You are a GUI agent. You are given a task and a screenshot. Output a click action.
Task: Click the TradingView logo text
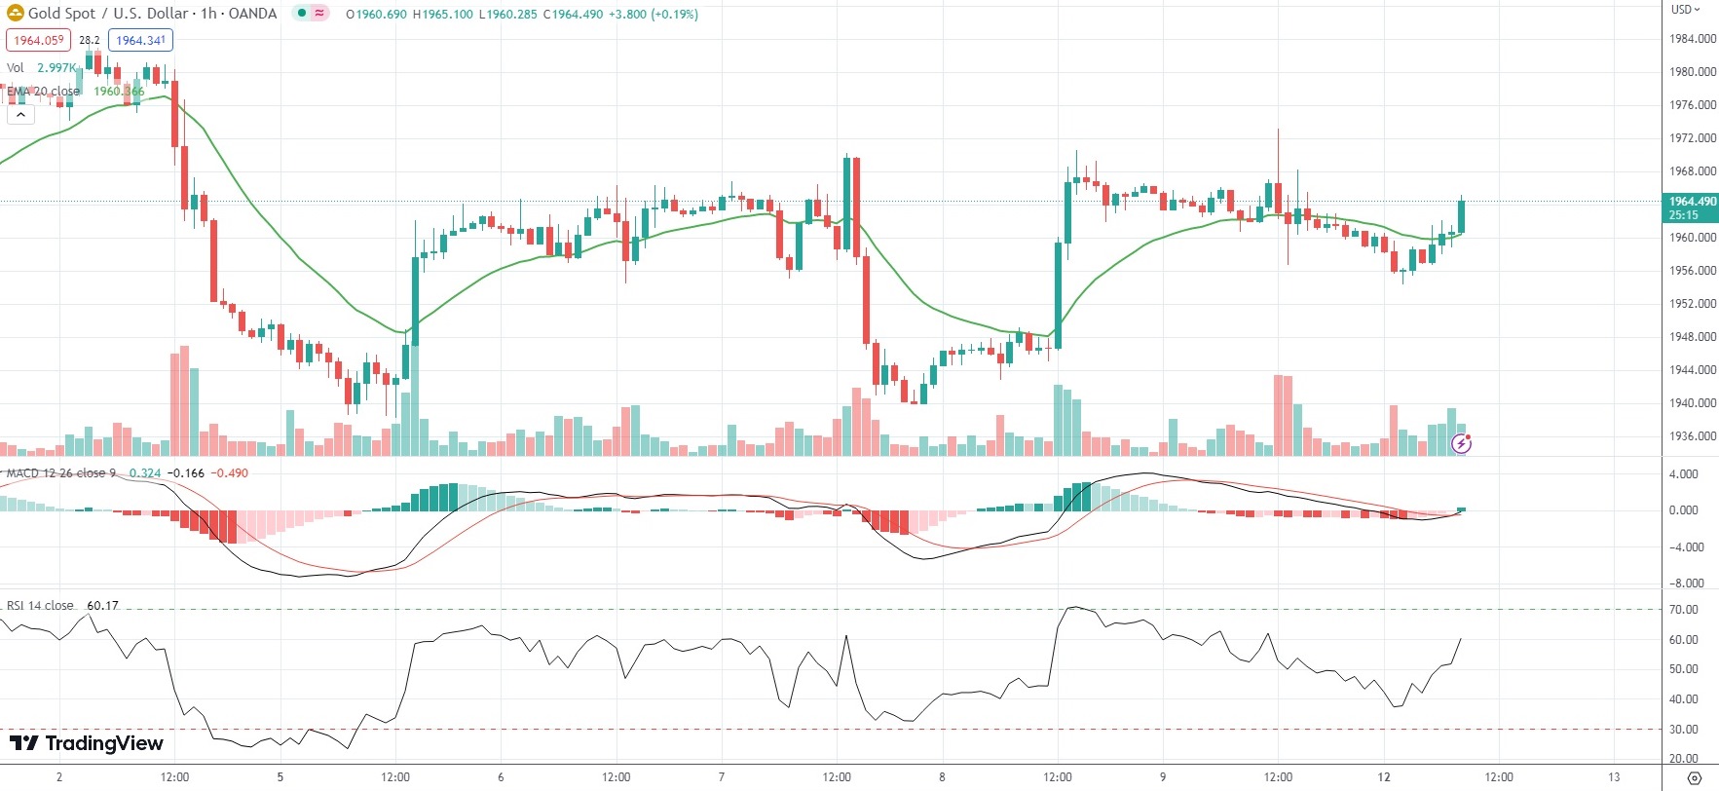(87, 743)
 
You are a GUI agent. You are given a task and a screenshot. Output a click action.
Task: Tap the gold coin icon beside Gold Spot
(15, 14)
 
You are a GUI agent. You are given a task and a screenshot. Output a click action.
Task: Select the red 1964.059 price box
(39, 40)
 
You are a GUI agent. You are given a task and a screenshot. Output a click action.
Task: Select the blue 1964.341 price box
(140, 40)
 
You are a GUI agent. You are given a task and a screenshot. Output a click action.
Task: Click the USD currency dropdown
(1685, 9)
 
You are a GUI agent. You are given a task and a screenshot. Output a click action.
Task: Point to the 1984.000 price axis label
(1693, 39)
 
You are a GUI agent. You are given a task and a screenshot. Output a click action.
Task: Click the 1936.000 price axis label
(1693, 436)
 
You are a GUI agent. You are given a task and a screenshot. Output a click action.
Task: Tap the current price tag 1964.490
(1692, 207)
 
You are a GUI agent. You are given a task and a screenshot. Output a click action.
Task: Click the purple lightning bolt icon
(1461, 444)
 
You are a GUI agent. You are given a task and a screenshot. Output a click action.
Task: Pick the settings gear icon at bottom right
(1694, 777)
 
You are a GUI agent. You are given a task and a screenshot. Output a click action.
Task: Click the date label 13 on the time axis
(1614, 777)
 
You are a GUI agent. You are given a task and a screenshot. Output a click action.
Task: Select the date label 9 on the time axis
(1163, 777)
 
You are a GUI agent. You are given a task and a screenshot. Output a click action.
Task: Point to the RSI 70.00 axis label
(1684, 610)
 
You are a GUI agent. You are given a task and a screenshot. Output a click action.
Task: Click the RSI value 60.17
(102, 606)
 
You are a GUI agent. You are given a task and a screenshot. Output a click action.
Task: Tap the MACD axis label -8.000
(1686, 584)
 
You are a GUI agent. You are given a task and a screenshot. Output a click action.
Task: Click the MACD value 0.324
(145, 473)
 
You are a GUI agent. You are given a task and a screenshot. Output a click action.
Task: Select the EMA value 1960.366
(119, 92)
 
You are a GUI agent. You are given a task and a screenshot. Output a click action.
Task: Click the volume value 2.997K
(56, 68)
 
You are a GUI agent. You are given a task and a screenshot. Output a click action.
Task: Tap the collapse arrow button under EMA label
(20, 114)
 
